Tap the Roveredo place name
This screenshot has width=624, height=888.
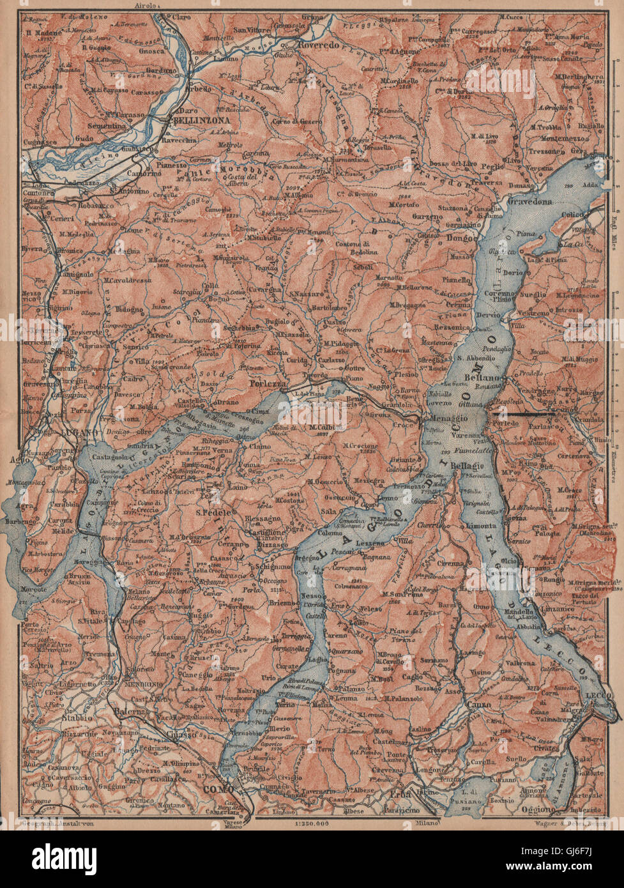[314, 45]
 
